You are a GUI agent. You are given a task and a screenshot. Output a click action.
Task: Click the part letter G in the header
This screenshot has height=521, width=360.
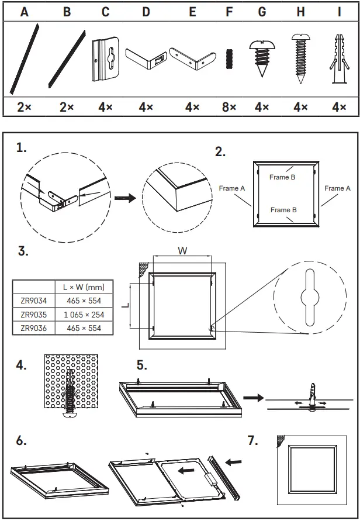[x=261, y=12]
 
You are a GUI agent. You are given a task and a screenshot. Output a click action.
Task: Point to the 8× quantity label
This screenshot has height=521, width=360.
[x=230, y=108]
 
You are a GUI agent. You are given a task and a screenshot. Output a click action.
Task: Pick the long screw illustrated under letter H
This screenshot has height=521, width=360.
[x=300, y=60]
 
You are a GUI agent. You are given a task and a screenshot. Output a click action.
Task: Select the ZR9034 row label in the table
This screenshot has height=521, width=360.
[x=34, y=301]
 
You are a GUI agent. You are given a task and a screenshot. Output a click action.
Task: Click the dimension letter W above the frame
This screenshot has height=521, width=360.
[x=182, y=251]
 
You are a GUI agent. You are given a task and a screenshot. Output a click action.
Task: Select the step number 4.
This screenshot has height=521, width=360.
[x=22, y=365]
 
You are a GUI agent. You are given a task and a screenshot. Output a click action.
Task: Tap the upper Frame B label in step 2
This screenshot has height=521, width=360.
[x=283, y=177]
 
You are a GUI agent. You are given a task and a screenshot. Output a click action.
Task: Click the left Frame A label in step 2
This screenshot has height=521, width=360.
[x=232, y=188]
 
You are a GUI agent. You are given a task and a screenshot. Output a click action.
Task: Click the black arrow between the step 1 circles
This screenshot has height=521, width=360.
[x=126, y=198]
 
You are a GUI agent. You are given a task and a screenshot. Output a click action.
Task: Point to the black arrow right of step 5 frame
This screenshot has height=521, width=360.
[x=252, y=398]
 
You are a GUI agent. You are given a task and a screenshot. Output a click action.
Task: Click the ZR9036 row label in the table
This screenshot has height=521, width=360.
[x=34, y=328]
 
